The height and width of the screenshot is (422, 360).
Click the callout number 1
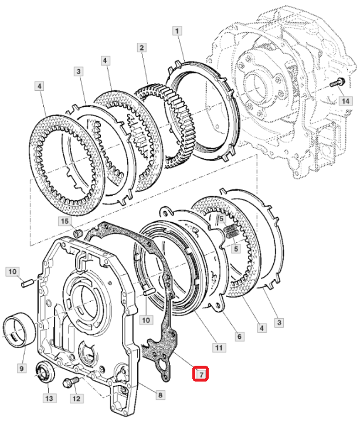(177, 30)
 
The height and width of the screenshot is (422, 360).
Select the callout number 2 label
(142, 47)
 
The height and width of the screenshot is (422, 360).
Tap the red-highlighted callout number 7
(201, 373)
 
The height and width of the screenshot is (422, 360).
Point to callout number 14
(345, 101)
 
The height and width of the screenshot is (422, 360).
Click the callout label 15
(64, 221)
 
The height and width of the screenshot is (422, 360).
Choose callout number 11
(219, 348)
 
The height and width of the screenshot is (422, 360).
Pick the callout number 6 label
(239, 336)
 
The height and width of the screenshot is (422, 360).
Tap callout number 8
(160, 395)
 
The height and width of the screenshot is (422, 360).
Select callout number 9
(22, 367)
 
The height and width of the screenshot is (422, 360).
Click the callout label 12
(76, 399)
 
